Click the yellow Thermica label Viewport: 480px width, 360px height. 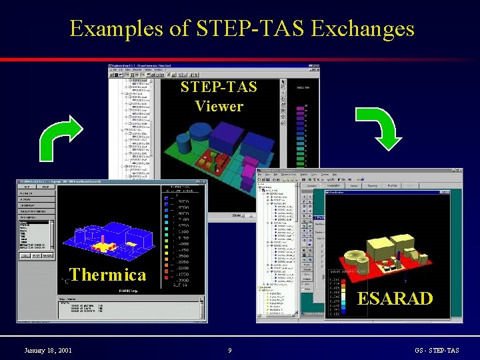(107, 275)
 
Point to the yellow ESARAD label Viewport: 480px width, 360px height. (395, 298)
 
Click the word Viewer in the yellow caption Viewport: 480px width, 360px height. (219, 106)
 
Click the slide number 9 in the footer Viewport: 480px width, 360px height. (229, 350)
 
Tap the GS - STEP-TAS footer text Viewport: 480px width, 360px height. (437, 350)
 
